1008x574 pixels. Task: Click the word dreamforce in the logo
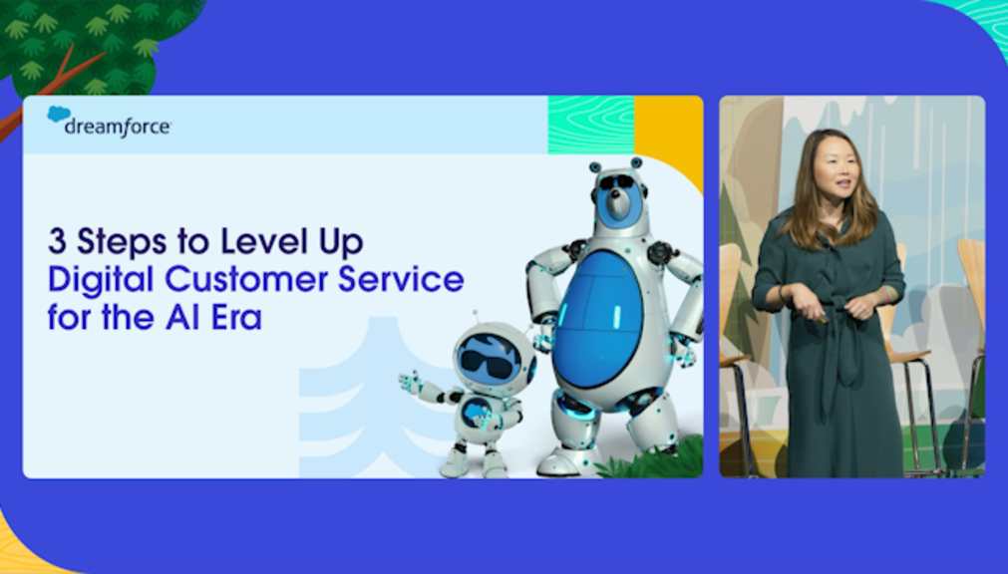[118, 127]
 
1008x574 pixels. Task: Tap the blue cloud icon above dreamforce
[59, 114]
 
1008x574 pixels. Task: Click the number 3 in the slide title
[57, 242]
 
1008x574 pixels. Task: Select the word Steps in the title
[124, 243]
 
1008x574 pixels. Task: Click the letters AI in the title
[182, 318]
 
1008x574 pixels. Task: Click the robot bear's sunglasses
[616, 182]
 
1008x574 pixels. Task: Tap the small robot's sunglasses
[487, 364]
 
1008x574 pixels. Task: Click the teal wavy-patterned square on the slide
[591, 125]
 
